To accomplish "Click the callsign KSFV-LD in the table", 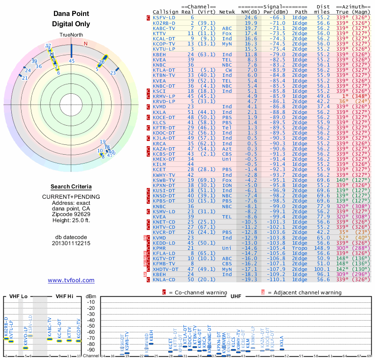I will point(164,17).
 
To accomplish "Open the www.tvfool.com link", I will point(71,280).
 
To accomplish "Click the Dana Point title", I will point(71,14).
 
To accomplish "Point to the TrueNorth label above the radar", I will point(71,36).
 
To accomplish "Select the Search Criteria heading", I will point(71,186).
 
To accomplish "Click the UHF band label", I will point(235,296).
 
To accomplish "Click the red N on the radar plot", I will point(85,44).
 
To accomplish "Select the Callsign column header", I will point(165,12).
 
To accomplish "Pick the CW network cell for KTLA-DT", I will point(228,69).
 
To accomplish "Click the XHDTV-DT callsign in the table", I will point(165,269).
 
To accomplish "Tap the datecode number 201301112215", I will point(71,243).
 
